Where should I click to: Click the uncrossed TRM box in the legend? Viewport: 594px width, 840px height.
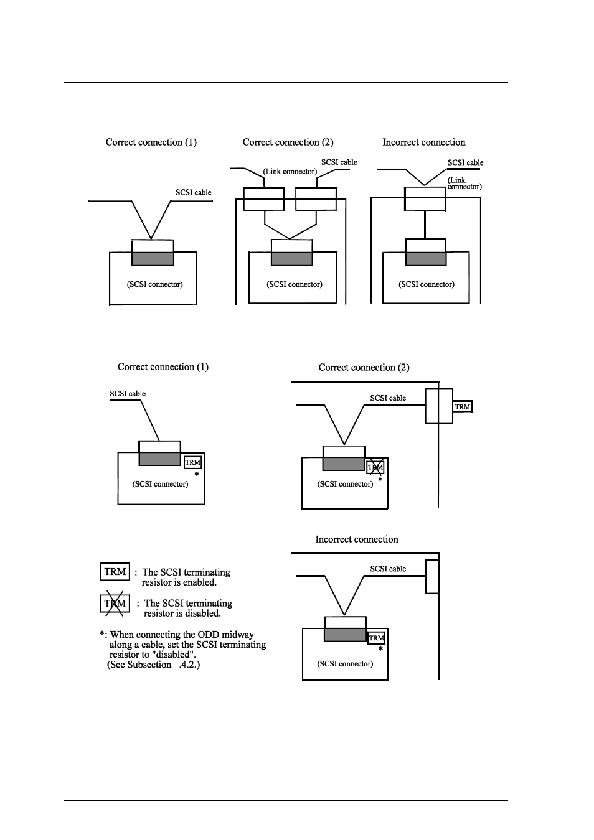tap(115, 571)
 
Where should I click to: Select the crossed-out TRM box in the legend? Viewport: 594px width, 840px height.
tap(115, 604)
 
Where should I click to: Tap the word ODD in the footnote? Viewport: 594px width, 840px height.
tap(208, 635)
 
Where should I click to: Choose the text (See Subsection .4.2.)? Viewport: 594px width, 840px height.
tap(153, 665)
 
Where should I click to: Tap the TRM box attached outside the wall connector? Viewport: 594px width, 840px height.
tap(462, 406)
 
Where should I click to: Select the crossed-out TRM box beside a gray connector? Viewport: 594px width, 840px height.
tap(375, 467)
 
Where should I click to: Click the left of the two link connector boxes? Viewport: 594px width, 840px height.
tap(264, 198)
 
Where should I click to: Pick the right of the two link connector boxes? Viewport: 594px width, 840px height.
tap(316, 198)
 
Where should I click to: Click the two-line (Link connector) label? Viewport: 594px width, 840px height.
tap(464, 184)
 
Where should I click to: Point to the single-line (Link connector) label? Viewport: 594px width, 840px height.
tap(290, 171)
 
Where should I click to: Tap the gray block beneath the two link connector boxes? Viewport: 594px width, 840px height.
tap(292, 259)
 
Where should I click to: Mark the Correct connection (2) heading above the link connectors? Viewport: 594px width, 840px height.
tap(288, 142)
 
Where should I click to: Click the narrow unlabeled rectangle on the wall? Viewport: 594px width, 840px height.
tap(432, 577)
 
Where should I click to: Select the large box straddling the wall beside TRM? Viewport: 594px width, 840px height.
tap(439, 406)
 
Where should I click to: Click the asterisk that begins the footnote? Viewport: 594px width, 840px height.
tap(102, 634)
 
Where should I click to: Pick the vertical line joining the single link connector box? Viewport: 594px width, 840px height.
tap(425, 225)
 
